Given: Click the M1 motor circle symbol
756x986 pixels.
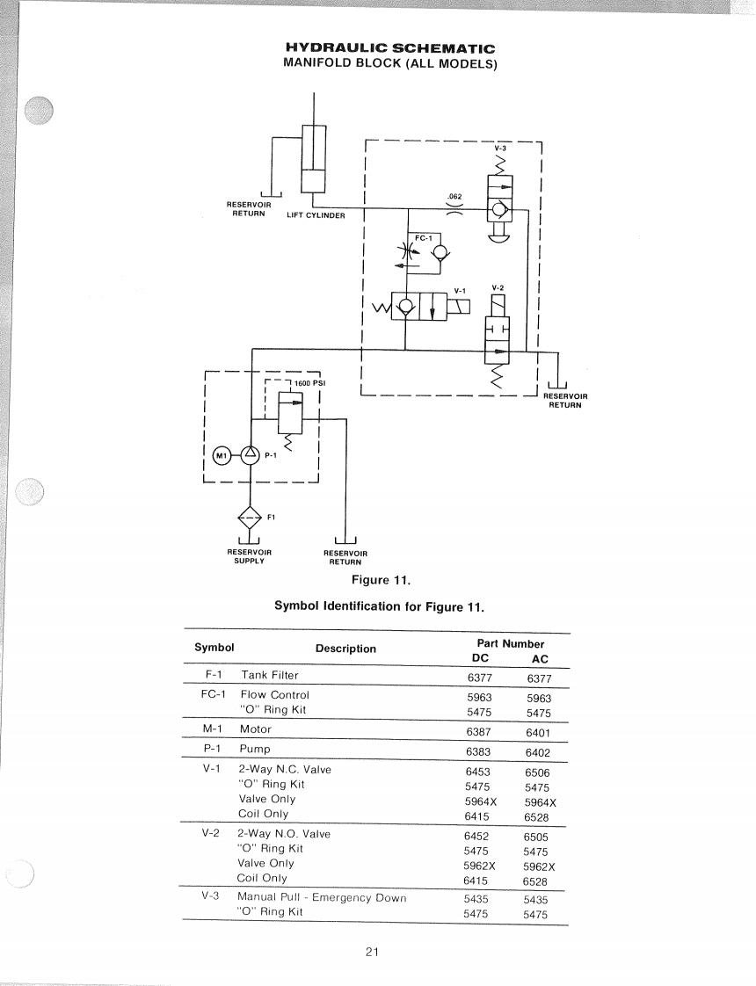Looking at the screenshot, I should click(222, 455).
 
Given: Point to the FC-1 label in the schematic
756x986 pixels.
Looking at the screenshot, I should click(422, 237).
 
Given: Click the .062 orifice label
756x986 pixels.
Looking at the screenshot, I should click(454, 196).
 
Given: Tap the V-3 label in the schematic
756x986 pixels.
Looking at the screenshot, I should click(500, 148).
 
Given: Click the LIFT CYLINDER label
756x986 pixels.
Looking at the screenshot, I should click(316, 215).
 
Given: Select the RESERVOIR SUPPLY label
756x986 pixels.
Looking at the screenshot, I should click(250, 556).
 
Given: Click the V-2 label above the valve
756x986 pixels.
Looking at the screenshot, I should click(498, 287).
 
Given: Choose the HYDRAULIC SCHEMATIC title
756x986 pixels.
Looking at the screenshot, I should click(389, 48).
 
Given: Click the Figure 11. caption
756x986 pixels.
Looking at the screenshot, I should click(381, 579).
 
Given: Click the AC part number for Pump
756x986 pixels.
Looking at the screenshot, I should click(537, 753).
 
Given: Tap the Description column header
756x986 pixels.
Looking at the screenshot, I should click(345, 649).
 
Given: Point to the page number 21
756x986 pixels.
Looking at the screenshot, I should click(372, 952).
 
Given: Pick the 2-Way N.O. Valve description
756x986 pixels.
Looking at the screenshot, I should click(284, 833).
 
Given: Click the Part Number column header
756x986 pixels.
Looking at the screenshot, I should click(510, 643).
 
